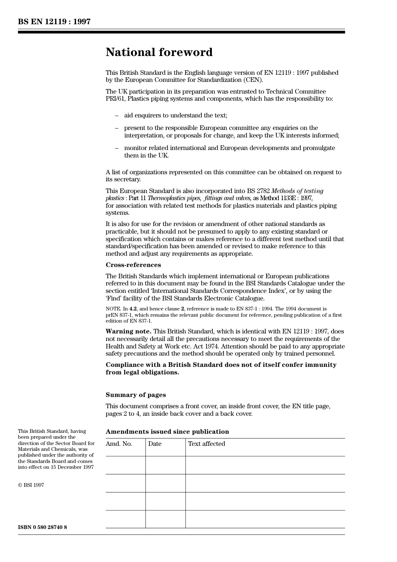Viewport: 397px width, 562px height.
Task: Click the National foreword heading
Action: (x=159, y=52)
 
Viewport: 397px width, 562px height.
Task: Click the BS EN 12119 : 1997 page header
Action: (x=54, y=22)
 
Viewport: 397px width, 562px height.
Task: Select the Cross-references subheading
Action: (x=133, y=265)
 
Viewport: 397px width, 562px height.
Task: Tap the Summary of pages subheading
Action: (x=135, y=395)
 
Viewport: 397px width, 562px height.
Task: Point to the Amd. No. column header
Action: (x=119, y=444)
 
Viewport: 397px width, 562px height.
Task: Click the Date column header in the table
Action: (x=155, y=444)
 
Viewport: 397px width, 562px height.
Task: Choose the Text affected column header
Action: (x=206, y=444)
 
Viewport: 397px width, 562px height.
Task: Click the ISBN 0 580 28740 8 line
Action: (x=42, y=527)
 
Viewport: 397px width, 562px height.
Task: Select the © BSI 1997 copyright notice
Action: (x=31, y=485)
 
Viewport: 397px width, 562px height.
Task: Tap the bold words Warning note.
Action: (x=128, y=331)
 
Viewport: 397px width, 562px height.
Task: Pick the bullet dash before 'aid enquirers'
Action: (x=117, y=115)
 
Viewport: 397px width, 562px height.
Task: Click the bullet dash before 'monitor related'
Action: (x=117, y=148)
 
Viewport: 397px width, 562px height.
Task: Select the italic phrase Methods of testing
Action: (x=297, y=191)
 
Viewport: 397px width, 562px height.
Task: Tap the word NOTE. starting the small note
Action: (x=113, y=309)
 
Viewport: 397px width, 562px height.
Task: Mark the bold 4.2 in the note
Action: (x=133, y=309)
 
